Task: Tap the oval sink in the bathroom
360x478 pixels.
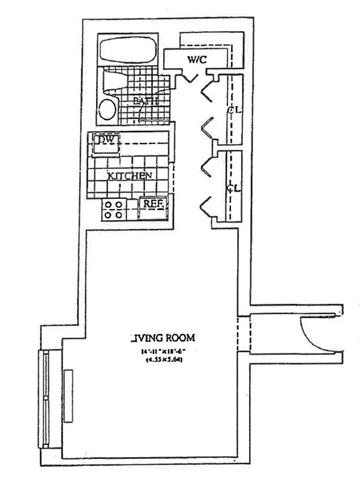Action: coord(108,111)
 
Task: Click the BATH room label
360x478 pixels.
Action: coord(146,101)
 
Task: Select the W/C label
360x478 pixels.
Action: coord(197,60)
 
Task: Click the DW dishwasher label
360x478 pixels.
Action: coord(106,140)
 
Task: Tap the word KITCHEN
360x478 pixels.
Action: coord(129,176)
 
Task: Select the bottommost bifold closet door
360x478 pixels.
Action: coord(208,206)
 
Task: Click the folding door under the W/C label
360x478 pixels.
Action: coord(190,77)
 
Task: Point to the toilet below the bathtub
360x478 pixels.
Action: coord(112,80)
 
